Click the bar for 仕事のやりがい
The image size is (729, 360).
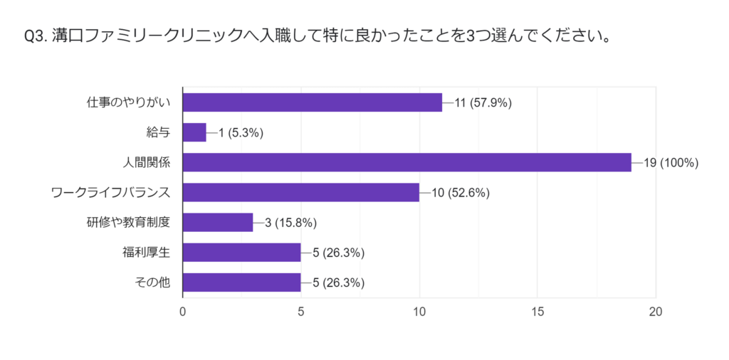coord(312,102)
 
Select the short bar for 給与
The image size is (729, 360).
coord(194,132)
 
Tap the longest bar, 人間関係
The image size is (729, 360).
coord(407,162)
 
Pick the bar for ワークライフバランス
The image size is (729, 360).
coord(300,193)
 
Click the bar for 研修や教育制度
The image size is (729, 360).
coord(218,223)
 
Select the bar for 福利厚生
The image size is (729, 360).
coord(241,253)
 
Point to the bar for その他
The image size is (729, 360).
coord(241,282)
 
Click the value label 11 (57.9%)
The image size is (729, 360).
coord(483,102)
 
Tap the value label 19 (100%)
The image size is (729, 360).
coord(671,162)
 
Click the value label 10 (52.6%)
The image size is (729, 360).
coord(459,193)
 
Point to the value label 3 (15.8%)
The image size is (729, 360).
coord(290,223)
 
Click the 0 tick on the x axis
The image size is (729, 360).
coord(183,311)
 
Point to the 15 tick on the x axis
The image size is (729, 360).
coord(537,311)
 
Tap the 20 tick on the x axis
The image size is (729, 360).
coord(655,311)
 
